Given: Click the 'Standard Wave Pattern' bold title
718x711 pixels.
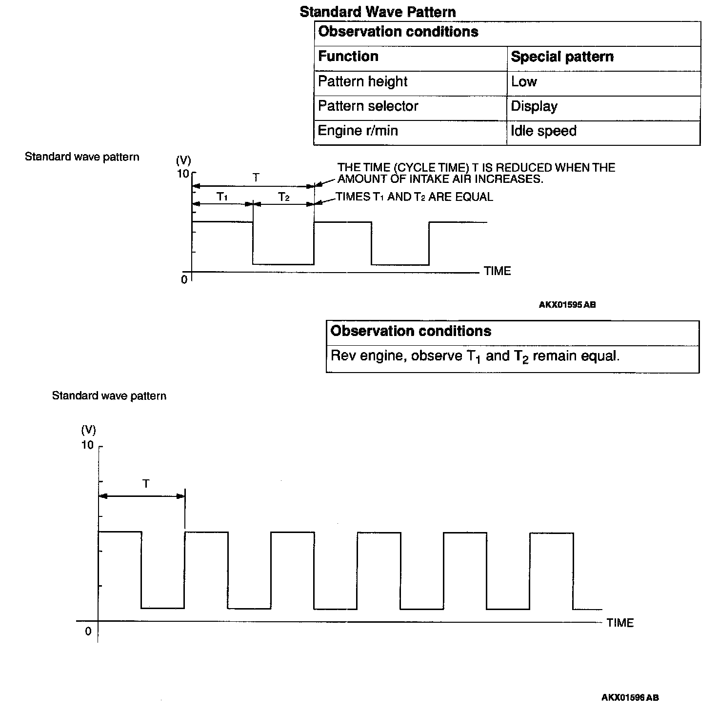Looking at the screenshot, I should [378, 12].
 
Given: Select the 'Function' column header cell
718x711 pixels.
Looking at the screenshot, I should [348, 57].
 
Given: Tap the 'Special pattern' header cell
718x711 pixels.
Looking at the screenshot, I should [562, 57].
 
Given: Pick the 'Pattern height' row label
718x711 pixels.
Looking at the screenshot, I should [362, 81].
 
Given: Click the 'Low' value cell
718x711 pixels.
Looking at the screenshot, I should [524, 81].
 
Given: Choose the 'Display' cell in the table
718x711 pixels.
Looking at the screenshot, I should [534, 106].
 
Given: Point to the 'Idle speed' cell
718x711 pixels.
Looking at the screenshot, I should [543, 131].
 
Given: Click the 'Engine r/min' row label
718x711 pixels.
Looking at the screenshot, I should [358, 131].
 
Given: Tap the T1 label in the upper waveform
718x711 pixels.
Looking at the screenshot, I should [222, 197].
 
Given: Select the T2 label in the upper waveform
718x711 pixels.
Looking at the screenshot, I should [284, 197].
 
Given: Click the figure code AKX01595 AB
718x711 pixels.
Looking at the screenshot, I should [567, 305].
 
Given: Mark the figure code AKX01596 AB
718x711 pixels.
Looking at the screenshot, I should [630, 698].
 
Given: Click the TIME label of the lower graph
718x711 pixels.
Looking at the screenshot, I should [620, 623].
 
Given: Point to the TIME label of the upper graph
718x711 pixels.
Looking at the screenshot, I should [497, 271].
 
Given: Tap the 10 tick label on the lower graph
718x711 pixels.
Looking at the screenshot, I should [87, 445].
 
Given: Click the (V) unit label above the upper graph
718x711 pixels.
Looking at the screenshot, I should [183, 160].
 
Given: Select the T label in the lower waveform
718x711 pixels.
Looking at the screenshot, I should [146, 484].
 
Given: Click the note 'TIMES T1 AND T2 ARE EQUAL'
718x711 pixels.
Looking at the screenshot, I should [415, 197].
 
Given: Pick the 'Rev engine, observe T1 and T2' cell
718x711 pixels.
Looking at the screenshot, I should [475, 356].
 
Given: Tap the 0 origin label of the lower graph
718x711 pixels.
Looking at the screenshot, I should [88, 632].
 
